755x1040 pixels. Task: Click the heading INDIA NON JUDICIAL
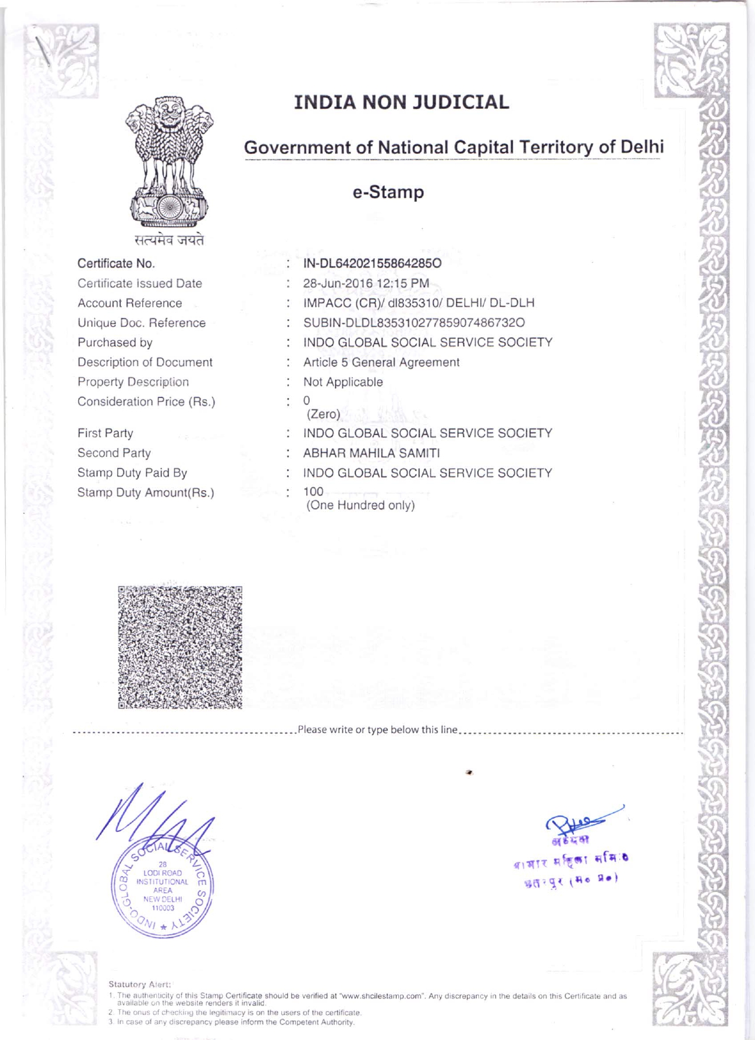(x=401, y=102)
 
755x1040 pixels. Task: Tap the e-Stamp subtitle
(x=388, y=192)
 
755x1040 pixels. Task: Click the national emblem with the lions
(x=169, y=163)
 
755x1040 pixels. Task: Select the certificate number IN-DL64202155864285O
(x=372, y=263)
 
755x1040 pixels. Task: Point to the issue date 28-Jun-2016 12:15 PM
(x=366, y=284)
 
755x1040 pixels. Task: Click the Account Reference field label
(x=130, y=303)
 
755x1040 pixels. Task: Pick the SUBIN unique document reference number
(x=414, y=323)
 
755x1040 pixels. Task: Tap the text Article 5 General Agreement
(x=381, y=362)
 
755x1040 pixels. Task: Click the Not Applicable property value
(x=343, y=382)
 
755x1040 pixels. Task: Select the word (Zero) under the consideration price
(x=323, y=414)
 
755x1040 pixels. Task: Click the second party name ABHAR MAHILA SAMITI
(x=371, y=453)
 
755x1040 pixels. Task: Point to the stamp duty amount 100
(x=313, y=491)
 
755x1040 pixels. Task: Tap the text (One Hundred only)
(x=360, y=505)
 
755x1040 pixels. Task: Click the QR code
(x=180, y=647)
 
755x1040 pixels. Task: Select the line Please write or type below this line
(x=377, y=730)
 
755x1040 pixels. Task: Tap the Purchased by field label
(x=115, y=343)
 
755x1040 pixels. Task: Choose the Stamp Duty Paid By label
(x=132, y=473)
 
